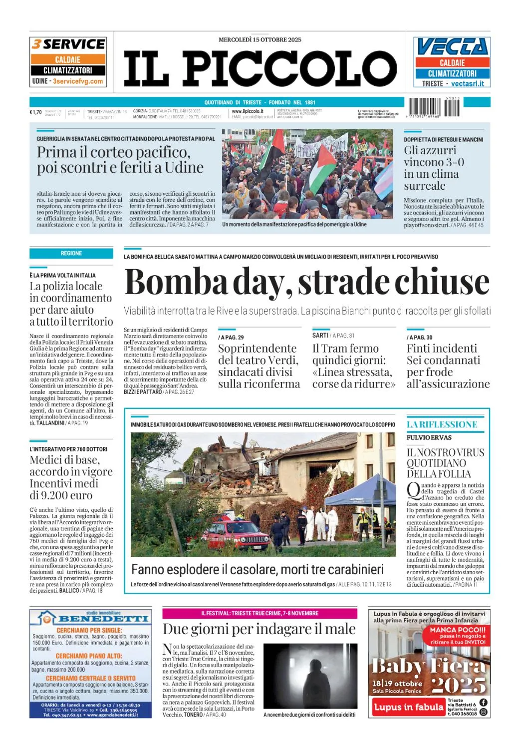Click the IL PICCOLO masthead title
[260, 68]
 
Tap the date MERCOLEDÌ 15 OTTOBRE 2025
[259, 39]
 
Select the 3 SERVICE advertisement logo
[68, 44]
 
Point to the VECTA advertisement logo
[452, 47]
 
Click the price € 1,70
[35, 112]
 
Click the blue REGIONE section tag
[71, 253]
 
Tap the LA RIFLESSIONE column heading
[442, 424]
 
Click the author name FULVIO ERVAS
[429, 438]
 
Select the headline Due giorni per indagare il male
[259, 629]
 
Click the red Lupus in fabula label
[408, 707]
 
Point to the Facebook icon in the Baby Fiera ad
[483, 703]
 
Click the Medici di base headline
[71, 477]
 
